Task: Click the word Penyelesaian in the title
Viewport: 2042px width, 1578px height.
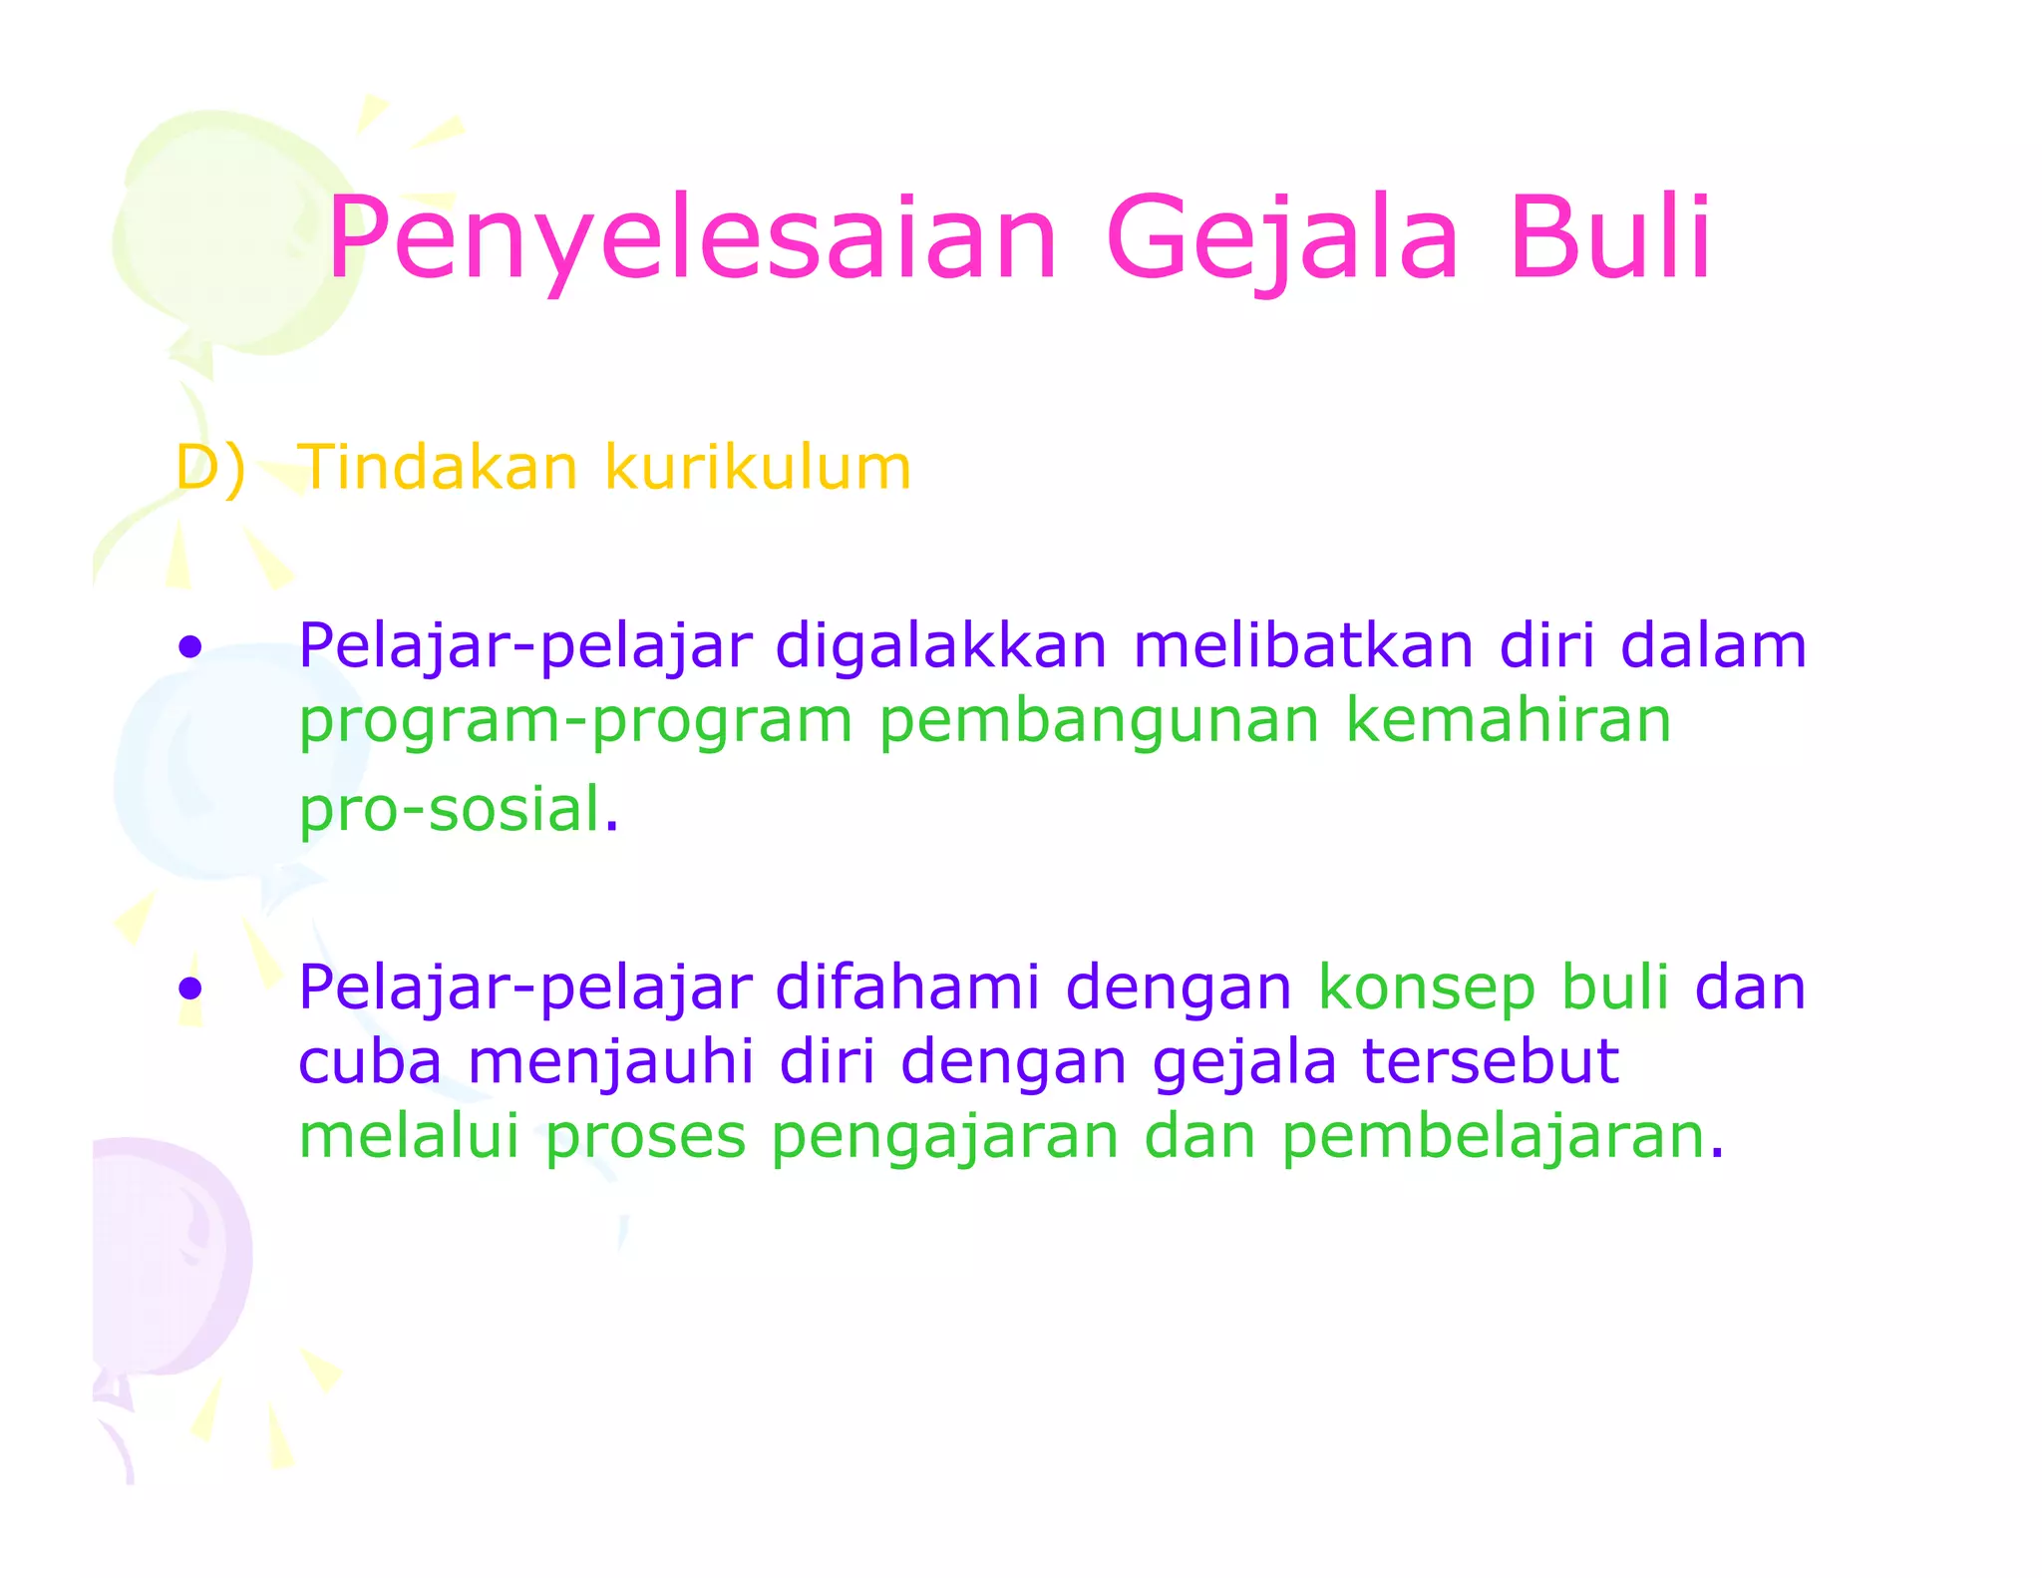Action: click(692, 239)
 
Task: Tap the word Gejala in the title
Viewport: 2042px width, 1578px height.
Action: click(1281, 239)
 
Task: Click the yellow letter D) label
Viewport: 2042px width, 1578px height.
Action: click(209, 467)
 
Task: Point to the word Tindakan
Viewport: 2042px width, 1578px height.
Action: click(438, 467)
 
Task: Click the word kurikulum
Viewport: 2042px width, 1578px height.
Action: click(758, 467)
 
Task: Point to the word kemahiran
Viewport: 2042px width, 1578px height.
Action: click(1508, 720)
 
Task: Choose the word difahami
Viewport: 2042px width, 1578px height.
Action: click(907, 987)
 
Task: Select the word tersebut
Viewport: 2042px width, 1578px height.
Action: click(1490, 1061)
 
